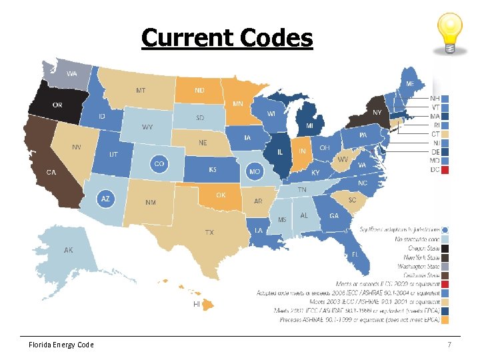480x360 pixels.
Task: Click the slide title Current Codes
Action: point(227,38)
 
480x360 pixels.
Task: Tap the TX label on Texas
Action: point(209,232)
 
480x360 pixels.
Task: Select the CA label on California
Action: point(51,172)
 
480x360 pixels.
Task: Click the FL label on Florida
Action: point(355,255)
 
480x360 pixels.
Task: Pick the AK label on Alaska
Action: point(69,251)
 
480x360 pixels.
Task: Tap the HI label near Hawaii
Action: point(197,304)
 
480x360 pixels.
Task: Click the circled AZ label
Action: point(105,199)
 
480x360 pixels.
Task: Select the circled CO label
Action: point(159,163)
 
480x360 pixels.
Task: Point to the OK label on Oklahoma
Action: point(221,195)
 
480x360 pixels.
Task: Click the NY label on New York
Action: point(377,112)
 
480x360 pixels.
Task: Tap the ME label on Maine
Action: point(410,84)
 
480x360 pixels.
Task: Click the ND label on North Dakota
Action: point(199,90)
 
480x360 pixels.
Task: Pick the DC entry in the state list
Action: point(435,170)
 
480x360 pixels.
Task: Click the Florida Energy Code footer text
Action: point(61,345)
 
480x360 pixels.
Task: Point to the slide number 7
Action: point(449,345)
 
